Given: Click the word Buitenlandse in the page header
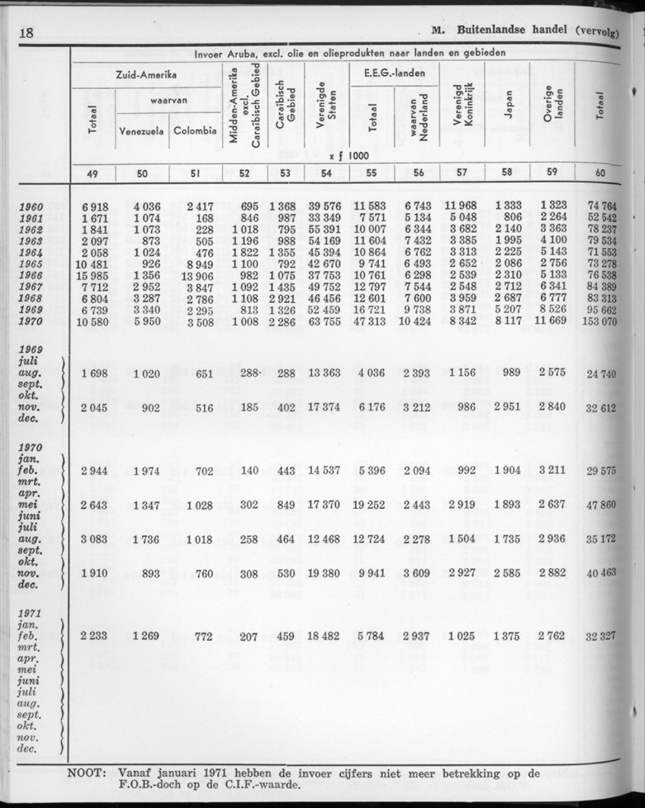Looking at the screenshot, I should tap(502, 33).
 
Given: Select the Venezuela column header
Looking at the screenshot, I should tap(141, 131).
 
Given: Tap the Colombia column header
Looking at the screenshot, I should tap(193, 131).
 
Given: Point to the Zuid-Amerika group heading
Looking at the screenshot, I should tap(147, 76).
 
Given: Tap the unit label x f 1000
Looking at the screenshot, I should tap(350, 156).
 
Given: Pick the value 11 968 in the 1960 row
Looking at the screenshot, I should tap(461, 206).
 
